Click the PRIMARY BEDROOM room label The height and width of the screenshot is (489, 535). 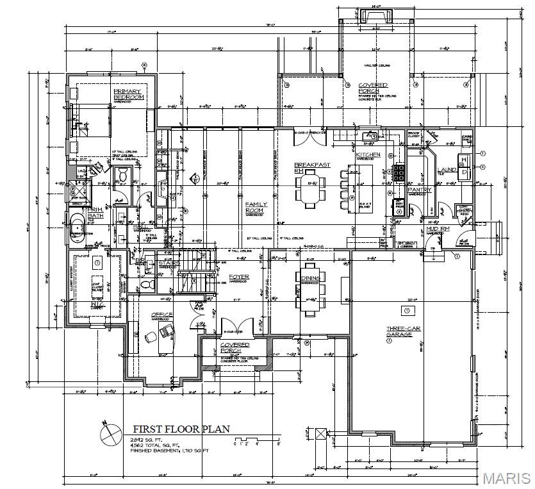(127, 95)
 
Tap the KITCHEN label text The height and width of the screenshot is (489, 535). (368, 155)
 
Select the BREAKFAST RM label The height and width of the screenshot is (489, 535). (312, 168)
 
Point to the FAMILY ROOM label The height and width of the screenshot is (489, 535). (256, 207)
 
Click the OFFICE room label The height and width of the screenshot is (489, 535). (161, 314)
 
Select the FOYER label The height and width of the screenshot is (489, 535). (239, 277)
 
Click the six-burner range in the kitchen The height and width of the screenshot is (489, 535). (398, 174)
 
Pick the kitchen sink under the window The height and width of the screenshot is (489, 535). (370, 137)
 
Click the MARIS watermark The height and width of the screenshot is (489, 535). (507, 478)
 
